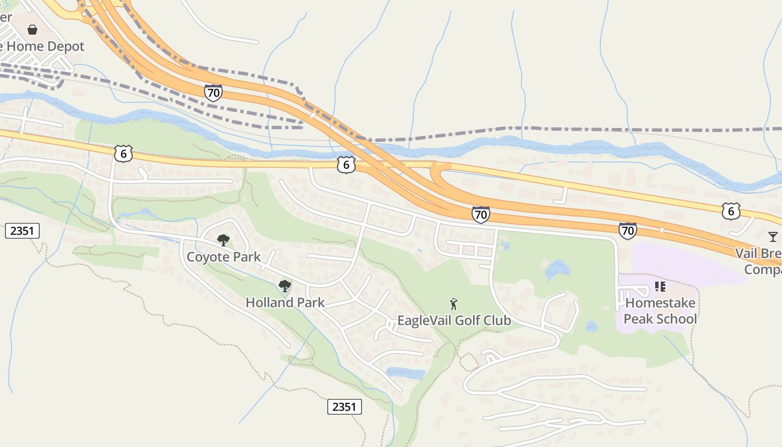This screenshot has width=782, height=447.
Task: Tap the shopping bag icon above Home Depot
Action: (x=32, y=30)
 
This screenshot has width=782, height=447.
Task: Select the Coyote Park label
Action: (x=223, y=257)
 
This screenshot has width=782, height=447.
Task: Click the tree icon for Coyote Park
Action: (x=223, y=240)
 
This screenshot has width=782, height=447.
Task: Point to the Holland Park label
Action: (x=285, y=303)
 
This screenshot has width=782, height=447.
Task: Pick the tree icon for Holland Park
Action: (x=285, y=286)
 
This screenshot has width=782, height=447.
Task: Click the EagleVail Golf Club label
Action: (x=454, y=321)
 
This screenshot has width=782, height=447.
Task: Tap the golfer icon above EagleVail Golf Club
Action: (x=454, y=305)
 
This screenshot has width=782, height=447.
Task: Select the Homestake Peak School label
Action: (x=660, y=311)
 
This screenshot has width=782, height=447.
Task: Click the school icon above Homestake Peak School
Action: (x=660, y=287)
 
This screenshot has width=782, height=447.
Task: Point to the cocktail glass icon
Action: (x=773, y=237)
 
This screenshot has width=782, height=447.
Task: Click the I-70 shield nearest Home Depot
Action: (x=213, y=93)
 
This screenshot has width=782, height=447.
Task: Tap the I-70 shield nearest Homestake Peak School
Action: (x=627, y=230)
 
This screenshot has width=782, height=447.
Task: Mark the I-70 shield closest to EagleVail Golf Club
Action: (x=480, y=215)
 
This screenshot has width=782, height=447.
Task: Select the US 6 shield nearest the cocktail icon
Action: (x=731, y=211)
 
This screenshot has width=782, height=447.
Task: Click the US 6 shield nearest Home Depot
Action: (x=123, y=154)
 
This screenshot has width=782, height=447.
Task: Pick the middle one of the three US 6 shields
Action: (x=346, y=165)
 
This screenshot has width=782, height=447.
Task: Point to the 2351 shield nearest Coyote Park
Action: (x=22, y=230)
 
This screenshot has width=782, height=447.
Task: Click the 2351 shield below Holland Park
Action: (x=344, y=407)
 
